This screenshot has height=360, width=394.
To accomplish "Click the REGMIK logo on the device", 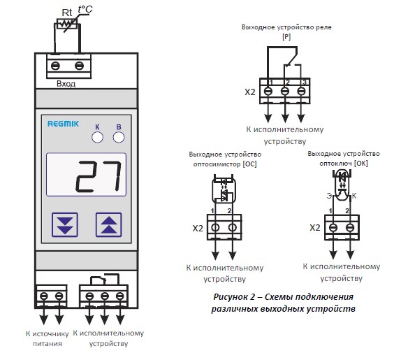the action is [x=63, y=124].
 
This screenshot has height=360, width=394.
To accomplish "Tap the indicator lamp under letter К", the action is [x=97, y=138].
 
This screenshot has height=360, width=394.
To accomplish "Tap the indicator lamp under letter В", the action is [x=119, y=138].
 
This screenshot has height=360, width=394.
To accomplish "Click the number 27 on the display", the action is [x=98, y=175].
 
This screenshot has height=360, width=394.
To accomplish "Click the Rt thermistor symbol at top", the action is [x=67, y=24].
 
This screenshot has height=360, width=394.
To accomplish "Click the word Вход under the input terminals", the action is [x=66, y=84].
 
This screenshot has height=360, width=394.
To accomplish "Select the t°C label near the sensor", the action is [x=85, y=9].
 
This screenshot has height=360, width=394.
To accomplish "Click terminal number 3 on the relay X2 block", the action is [x=305, y=82].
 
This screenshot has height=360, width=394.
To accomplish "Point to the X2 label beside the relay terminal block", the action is [x=250, y=92].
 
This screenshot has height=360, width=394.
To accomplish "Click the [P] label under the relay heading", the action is [x=286, y=37].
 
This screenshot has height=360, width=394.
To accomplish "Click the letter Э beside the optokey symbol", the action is [x=329, y=196].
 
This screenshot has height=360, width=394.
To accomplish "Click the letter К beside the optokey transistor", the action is [x=354, y=196].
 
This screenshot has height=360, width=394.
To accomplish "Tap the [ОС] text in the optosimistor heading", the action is [x=249, y=164].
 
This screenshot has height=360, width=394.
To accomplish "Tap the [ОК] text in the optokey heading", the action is [x=361, y=164].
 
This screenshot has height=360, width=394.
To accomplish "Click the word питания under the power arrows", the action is [x=48, y=344].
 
